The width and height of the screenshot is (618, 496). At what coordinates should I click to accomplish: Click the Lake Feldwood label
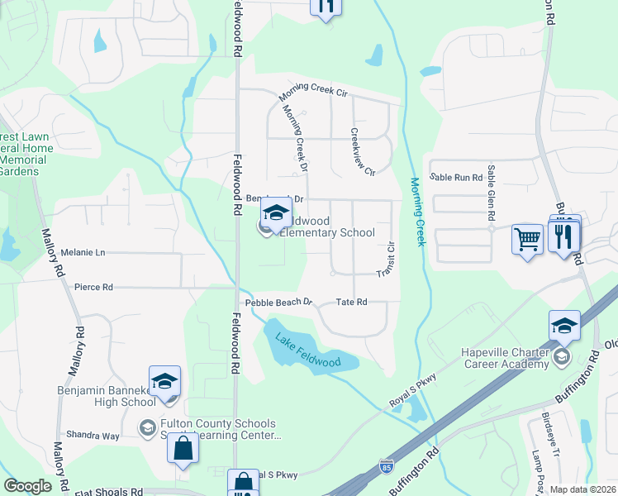308,351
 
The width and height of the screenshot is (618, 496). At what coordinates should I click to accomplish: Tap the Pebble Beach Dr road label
282,303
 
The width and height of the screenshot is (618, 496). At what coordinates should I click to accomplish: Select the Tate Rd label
351,303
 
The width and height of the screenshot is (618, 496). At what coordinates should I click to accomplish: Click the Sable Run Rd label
456,177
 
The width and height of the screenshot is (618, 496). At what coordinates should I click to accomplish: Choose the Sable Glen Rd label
491,203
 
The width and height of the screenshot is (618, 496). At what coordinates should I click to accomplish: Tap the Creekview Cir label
363,151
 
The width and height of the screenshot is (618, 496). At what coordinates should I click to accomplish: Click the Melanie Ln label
83,252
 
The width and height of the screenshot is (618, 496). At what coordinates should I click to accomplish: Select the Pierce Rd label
93,288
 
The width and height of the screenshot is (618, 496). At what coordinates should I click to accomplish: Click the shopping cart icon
527,240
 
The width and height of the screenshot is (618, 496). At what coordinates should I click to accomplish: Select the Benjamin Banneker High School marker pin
164,383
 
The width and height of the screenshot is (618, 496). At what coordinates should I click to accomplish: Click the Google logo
27,486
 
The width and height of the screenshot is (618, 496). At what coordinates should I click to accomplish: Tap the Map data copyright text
583,489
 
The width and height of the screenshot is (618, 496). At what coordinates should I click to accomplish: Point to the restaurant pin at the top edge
326,7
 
